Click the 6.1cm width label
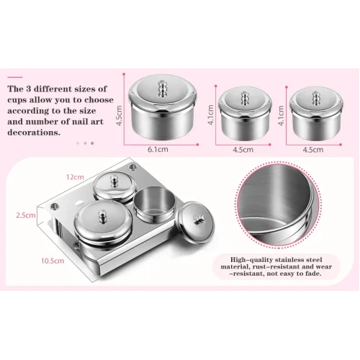[x=158, y=150]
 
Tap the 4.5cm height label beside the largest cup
[x=120, y=116]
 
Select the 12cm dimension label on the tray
[x=75, y=177]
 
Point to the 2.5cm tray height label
[x=26, y=215]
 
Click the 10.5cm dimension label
[x=53, y=261]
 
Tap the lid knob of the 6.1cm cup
[x=162, y=89]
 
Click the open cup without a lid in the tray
[x=155, y=204]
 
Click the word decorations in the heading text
[x=34, y=132]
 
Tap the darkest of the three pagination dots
[x=92, y=143]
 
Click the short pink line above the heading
[x=15, y=77]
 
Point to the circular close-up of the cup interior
[x=279, y=204]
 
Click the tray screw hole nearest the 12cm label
[x=132, y=166]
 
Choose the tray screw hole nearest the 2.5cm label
[x=55, y=206]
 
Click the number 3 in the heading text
[x=29, y=89]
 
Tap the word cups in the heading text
[x=17, y=100]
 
